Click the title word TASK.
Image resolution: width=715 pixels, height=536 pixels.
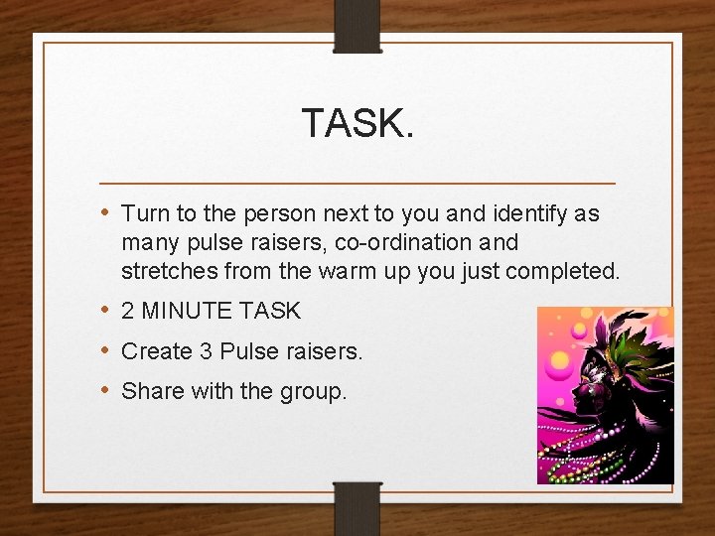357,124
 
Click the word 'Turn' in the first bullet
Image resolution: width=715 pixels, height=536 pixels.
146,213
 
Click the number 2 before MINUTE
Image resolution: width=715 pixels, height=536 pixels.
128,312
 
